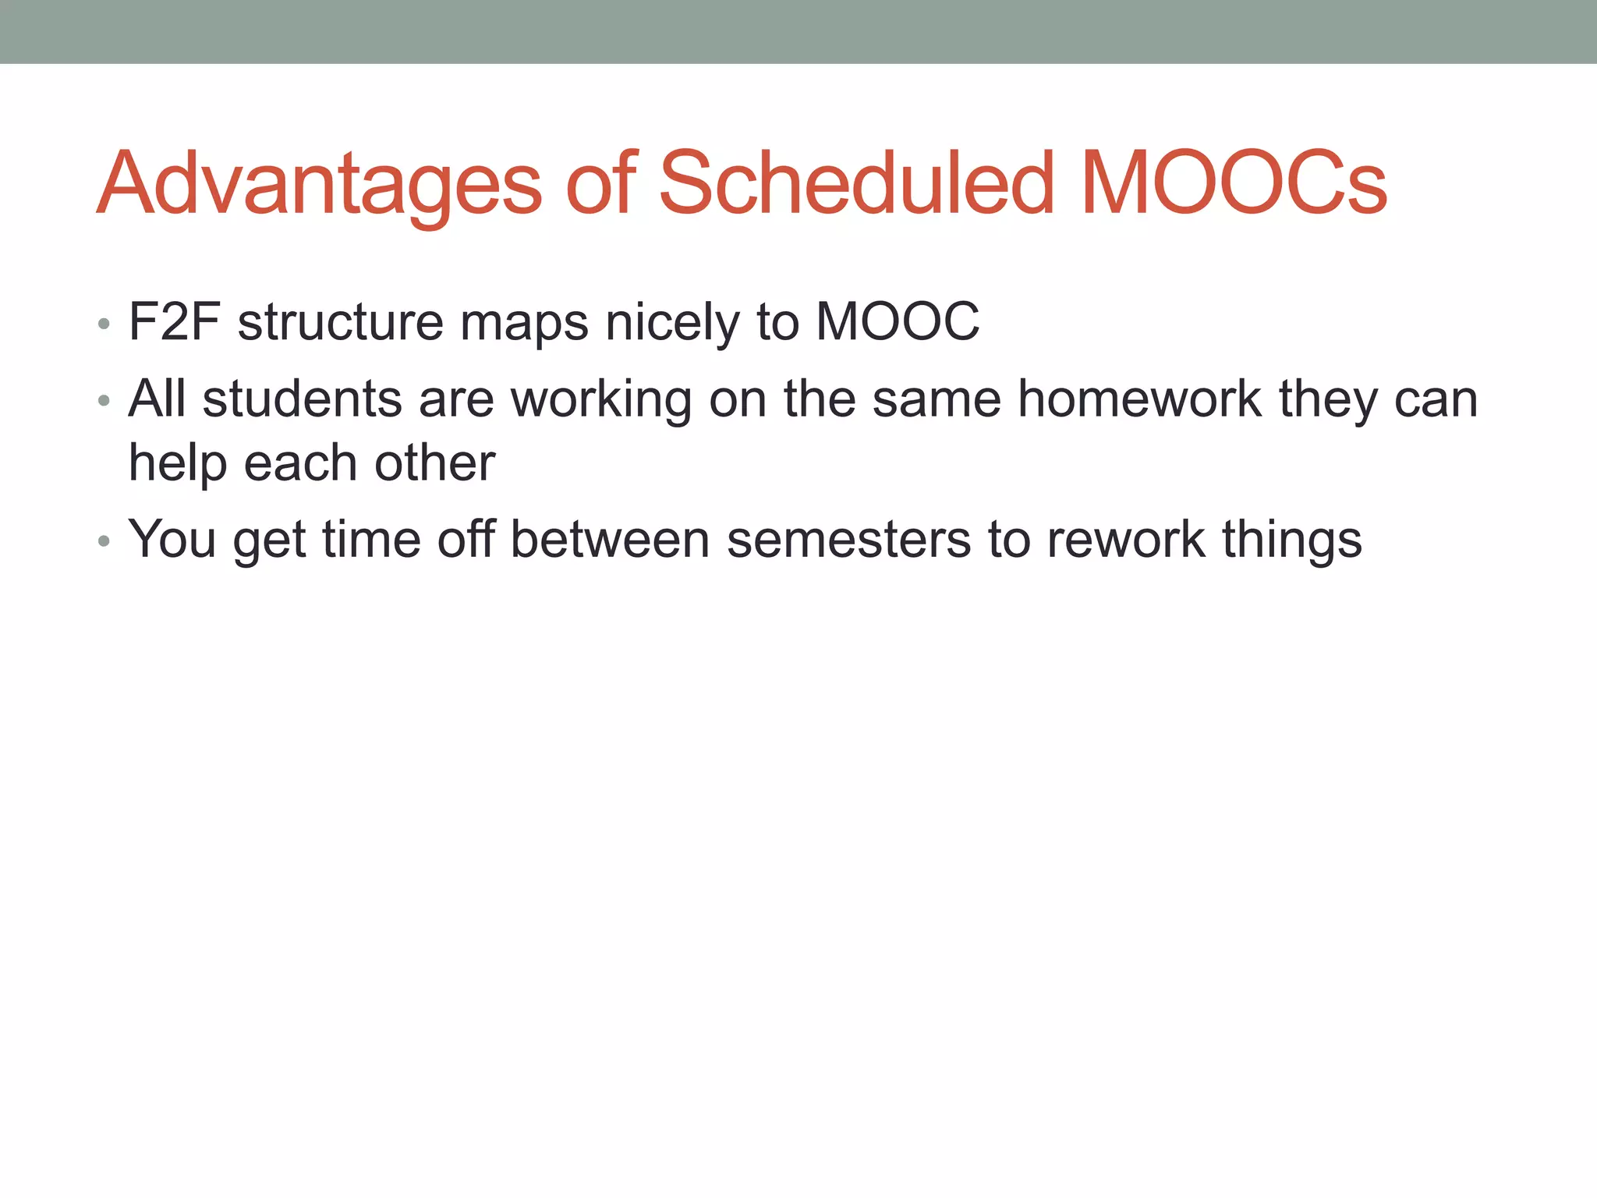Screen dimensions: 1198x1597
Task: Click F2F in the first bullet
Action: pyautogui.click(x=174, y=321)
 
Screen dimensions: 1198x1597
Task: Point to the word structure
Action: pyautogui.click(x=340, y=321)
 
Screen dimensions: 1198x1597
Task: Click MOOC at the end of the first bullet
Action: pyautogui.click(x=897, y=321)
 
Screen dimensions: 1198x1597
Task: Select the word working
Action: pyautogui.click(x=600, y=400)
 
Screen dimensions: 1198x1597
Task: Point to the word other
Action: pyautogui.click(x=434, y=463)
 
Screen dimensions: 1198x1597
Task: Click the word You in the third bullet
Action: pyautogui.click(x=172, y=539)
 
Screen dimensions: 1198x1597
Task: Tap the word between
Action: pyautogui.click(x=609, y=539)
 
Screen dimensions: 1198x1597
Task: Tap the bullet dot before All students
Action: pyautogui.click(x=104, y=401)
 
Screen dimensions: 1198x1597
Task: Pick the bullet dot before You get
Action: pyautogui.click(x=104, y=541)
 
